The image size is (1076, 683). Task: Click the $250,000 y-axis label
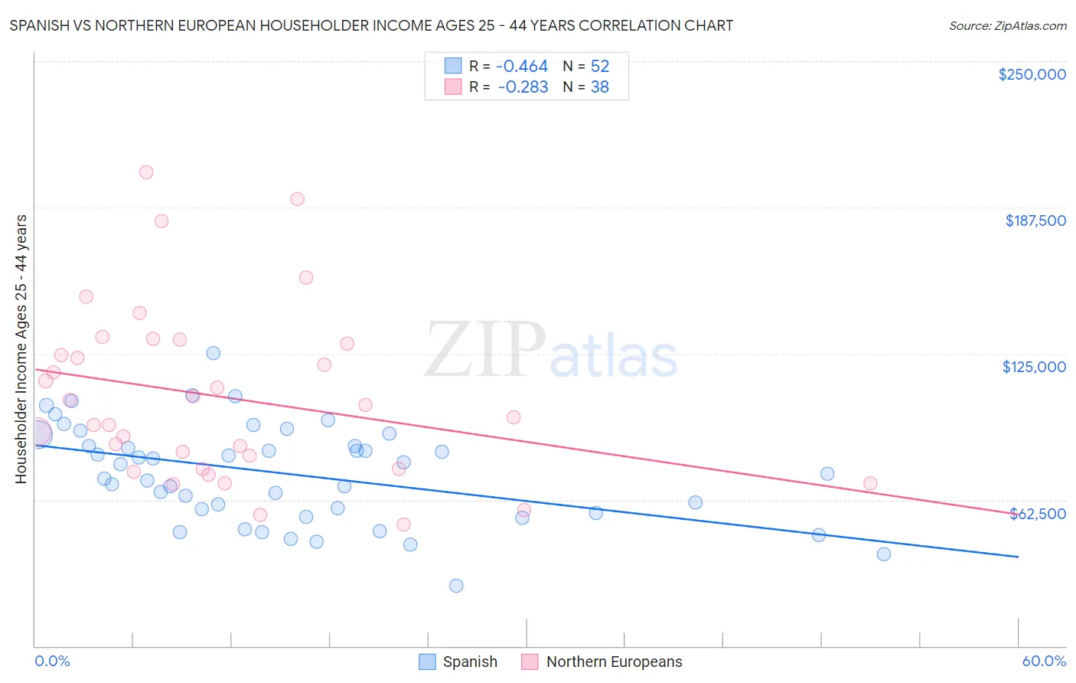tap(1032, 74)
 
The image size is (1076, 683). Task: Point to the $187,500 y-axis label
tap(1035, 221)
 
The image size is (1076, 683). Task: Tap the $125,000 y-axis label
tap(1034, 367)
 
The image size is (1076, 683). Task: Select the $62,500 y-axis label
tap(1038, 514)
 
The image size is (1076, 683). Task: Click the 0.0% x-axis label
tap(52, 661)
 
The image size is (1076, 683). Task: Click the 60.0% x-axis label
tap(1043, 661)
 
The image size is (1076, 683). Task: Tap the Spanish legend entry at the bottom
tap(459, 662)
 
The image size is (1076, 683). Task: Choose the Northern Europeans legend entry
tap(602, 662)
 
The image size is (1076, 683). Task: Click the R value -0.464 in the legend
tap(522, 67)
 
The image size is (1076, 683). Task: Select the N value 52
tap(599, 67)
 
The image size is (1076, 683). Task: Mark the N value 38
tap(599, 87)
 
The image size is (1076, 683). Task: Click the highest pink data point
tap(146, 172)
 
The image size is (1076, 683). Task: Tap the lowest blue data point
tap(456, 586)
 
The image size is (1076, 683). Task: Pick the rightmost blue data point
tap(884, 554)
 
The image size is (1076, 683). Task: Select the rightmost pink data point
tap(870, 483)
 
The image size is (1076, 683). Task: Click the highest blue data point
tap(214, 353)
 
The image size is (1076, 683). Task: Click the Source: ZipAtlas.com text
tap(1007, 26)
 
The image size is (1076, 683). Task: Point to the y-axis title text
tap(21, 349)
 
